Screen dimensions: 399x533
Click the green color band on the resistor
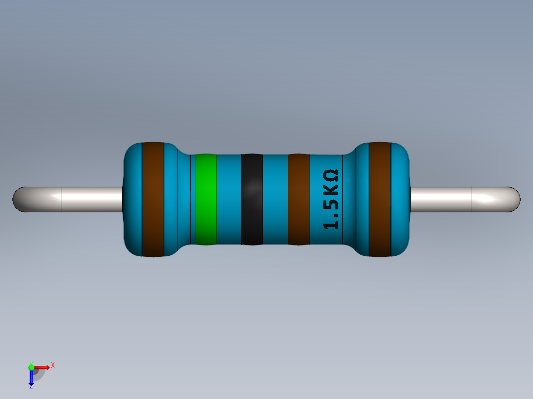[206, 199]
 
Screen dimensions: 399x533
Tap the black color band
[252, 199]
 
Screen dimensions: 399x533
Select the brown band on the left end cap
[153, 199]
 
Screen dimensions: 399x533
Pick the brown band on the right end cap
[380, 199]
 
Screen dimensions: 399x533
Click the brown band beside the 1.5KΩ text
[298, 199]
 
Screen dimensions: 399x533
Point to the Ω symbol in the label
[331, 175]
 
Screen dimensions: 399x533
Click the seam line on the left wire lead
[61, 199]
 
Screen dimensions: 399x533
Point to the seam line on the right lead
[472, 199]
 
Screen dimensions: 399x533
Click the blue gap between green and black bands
[229, 199]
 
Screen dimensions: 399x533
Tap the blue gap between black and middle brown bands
[275, 199]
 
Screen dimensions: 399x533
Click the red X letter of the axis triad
[52, 365]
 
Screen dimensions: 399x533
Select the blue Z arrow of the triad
[31, 378]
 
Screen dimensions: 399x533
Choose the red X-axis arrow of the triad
[42, 367]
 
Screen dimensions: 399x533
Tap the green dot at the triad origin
[31, 367]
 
